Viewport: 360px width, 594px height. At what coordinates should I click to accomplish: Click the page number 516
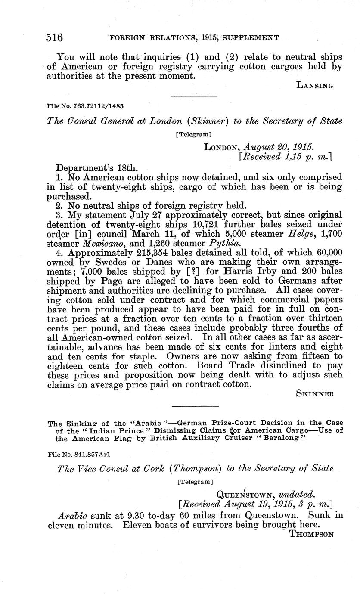coord(55,37)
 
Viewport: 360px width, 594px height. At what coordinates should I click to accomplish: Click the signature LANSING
coord(315,86)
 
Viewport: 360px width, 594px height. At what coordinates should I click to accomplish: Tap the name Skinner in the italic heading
coord(211,121)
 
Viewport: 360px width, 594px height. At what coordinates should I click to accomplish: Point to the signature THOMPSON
coord(312,534)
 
